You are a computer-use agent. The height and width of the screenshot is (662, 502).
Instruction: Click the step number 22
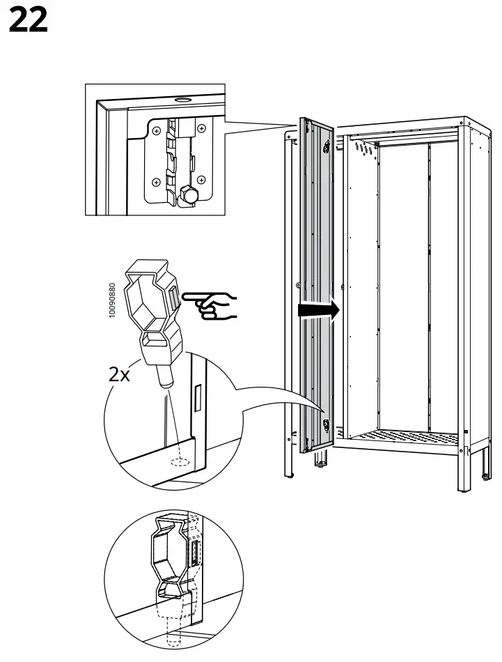[29, 21]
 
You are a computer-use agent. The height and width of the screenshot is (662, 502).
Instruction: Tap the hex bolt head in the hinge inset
[186, 194]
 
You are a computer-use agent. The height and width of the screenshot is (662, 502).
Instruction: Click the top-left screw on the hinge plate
[157, 130]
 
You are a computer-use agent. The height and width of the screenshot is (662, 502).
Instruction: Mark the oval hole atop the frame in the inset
[182, 100]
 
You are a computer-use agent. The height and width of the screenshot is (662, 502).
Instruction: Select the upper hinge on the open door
[327, 148]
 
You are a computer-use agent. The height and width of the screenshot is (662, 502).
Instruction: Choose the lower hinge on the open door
[325, 424]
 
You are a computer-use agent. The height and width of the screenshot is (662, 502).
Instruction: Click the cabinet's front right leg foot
[465, 488]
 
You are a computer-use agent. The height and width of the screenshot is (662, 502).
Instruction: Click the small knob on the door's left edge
[297, 284]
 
